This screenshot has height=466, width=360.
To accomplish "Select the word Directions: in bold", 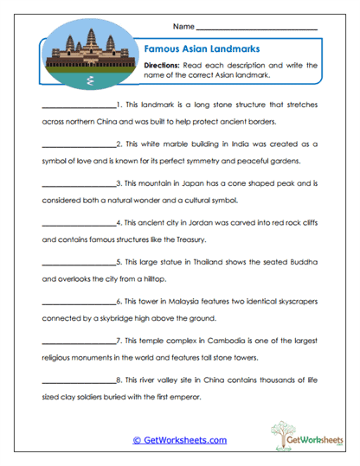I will (162, 65).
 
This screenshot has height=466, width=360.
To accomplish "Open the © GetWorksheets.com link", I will (180, 439).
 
